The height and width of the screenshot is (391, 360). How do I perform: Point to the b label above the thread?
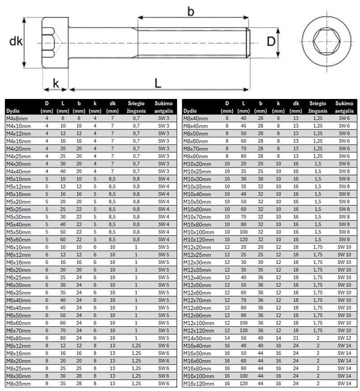pyautogui.click(x=191, y=11)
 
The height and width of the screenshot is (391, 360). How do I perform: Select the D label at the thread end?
pyautogui.click(x=272, y=42)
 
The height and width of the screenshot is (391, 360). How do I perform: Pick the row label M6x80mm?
pyautogui.click(x=17, y=337)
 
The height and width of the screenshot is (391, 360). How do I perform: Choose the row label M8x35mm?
pyautogui.click(x=17, y=383)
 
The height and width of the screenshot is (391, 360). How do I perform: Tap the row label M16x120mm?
pyautogui.click(x=201, y=383)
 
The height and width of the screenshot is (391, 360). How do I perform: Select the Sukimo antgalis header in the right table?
pyautogui.click(x=344, y=107)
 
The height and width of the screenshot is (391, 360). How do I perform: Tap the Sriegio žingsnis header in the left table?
pyautogui.click(x=136, y=107)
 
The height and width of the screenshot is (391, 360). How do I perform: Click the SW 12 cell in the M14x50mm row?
pyautogui.click(x=344, y=338)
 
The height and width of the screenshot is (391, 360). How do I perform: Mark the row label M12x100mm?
pyautogui.click(x=201, y=322)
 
